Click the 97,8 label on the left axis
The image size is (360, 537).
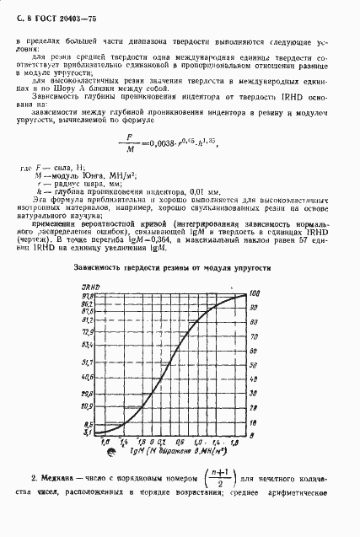point(87,295)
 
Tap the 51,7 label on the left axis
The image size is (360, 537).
point(87,362)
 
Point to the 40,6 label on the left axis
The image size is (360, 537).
point(87,379)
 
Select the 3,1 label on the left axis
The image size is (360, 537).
point(88,432)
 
